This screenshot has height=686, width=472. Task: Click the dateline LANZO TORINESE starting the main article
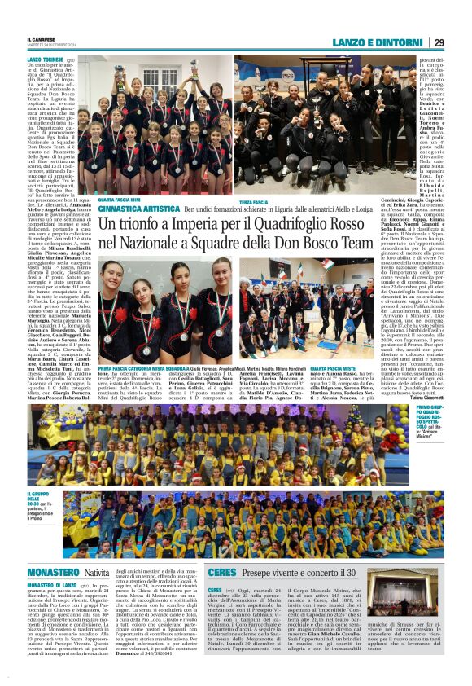(x=46, y=60)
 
